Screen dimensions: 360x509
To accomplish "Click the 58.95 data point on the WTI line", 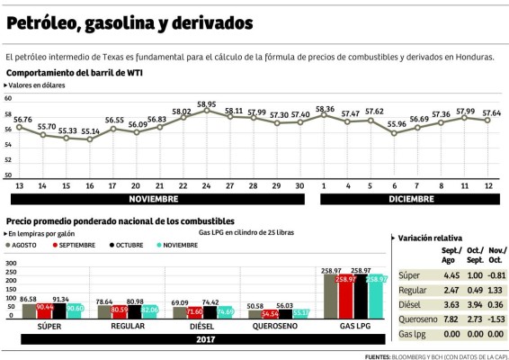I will [x=206, y=111].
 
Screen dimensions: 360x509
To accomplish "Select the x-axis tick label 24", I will [x=206, y=184].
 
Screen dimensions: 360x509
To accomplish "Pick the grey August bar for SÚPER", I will [x=28, y=310].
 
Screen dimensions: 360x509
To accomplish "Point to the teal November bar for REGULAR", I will [x=148, y=312].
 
